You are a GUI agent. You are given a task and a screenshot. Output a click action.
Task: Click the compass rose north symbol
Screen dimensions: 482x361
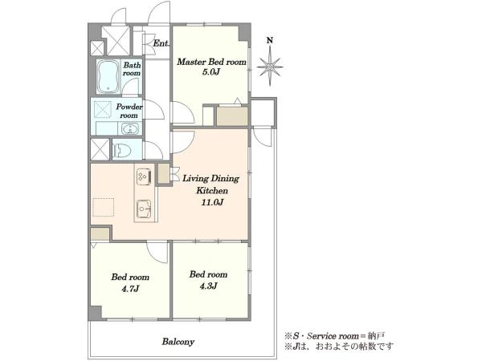[270, 66]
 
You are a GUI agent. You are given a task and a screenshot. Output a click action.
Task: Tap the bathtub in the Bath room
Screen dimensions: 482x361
[108, 76]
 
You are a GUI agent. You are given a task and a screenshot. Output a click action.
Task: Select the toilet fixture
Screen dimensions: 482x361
[122, 151]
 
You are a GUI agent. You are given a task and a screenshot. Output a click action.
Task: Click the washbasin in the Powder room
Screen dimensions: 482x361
[130, 129]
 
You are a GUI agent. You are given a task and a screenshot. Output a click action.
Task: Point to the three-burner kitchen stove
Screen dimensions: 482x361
[144, 176]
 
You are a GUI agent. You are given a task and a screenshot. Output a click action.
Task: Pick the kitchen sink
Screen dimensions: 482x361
[144, 209]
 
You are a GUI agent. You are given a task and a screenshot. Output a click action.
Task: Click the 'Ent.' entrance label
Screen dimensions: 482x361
[161, 43]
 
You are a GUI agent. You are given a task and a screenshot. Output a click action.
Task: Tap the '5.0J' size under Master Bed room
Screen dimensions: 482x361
[212, 72]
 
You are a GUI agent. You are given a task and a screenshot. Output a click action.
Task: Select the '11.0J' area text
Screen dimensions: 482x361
[212, 202]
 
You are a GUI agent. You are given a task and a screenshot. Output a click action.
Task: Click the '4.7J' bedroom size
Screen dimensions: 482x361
[131, 289]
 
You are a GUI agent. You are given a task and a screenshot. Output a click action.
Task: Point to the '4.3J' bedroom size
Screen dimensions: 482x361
[208, 286]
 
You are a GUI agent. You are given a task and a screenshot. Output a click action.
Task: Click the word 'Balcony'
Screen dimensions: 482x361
[178, 342]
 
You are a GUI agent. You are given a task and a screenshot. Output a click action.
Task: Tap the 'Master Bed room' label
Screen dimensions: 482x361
[211, 62]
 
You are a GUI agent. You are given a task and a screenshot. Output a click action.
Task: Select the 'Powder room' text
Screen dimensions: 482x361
[129, 111]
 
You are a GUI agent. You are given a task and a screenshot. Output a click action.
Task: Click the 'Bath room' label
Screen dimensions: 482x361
[132, 69]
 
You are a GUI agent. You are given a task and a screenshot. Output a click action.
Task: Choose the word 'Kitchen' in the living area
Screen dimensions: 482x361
[212, 190]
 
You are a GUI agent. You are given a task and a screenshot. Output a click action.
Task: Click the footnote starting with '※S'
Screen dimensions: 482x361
[335, 336]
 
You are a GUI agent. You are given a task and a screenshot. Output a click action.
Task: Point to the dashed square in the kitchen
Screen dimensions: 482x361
[104, 207]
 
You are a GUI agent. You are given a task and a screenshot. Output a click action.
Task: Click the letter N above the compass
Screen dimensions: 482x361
[270, 40]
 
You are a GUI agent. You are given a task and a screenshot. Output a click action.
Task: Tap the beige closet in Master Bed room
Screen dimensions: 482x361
[232, 116]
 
